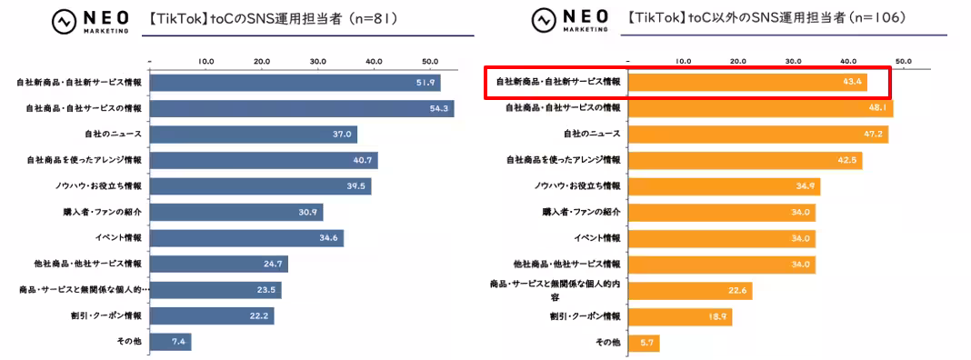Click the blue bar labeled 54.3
[301, 108]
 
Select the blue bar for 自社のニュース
[253, 135]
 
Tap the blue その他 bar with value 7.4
[170, 342]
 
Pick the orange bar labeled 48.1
[760, 108]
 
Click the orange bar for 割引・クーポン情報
[680, 316]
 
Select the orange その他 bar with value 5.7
[644, 343]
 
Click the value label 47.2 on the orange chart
[873, 135]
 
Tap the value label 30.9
[308, 213]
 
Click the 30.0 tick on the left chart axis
[318, 62]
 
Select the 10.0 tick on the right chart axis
[684, 62]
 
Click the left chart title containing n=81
[264, 17]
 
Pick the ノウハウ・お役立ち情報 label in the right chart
[576, 186]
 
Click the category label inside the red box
[557, 82]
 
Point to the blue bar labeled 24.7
[218, 265]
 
